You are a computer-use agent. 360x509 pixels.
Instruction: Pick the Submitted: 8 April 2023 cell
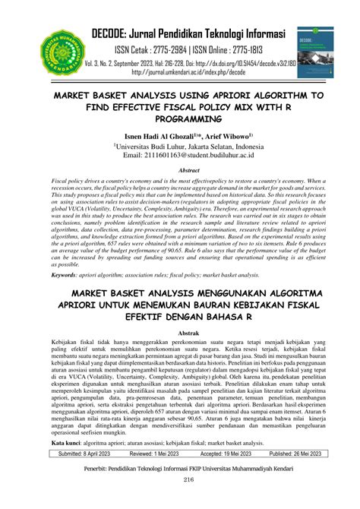click(x=85, y=454)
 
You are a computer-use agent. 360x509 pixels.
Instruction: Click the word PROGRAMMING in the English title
click(x=180, y=119)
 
